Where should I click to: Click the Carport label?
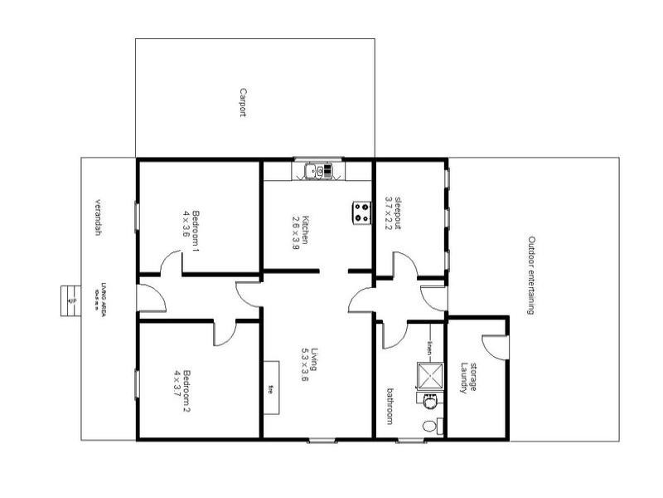tap(243, 103)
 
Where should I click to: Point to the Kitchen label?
tap(305, 229)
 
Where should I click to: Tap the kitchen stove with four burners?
tap(361, 212)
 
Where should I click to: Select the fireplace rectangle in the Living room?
tap(271, 387)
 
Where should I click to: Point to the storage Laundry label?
tap(470, 378)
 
